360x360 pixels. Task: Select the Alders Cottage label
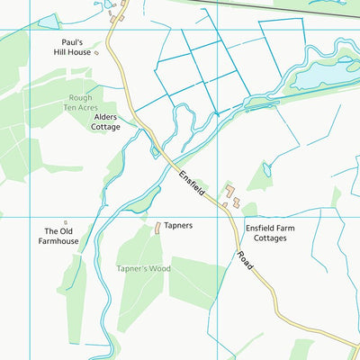pos(105,122)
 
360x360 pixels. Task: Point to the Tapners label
pos(178,226)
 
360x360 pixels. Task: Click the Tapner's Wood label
pos(143,268)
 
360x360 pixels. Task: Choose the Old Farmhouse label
pos(61,237)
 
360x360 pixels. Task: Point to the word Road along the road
pos(244,262)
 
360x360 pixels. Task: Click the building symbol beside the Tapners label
pos(157,228)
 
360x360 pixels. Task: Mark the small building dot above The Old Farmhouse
pos(65,221)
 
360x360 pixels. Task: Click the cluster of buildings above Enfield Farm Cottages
pos(232,196)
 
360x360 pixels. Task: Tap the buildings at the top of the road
pos(116,13)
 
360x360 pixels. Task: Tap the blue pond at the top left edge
pos(45,19)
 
